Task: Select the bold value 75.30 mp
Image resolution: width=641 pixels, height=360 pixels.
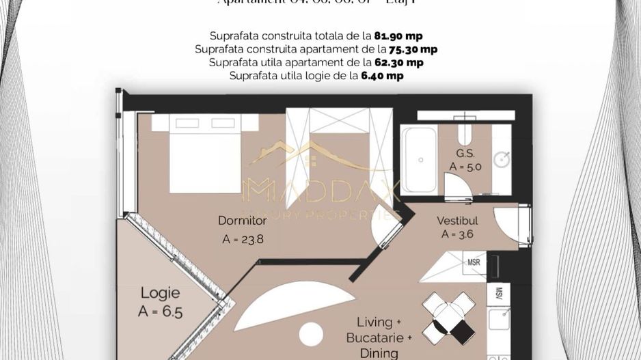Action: [x=413, y=49]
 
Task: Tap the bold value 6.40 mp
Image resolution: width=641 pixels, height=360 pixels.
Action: [x=382, y=76]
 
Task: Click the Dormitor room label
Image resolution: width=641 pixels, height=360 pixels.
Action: [x=242, y=221]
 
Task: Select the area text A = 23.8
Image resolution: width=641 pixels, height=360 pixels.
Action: [x=242, y=239]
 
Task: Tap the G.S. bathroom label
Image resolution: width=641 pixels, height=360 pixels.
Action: [x=466, y=153]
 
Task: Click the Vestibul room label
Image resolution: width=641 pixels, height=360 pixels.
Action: [x=457, y=221]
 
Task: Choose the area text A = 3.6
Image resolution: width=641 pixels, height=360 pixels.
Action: [x=457, y=234]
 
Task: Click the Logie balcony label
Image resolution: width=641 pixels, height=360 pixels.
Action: [x=161, y=293]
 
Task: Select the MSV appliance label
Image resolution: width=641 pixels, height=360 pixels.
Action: [x=500, y=294]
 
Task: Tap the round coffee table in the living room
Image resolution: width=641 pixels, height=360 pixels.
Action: [x=311, y=334]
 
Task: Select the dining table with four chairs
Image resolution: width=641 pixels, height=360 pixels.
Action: [x=449, y=318]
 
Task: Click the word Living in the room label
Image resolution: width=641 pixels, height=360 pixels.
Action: [x=375, y=322]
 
